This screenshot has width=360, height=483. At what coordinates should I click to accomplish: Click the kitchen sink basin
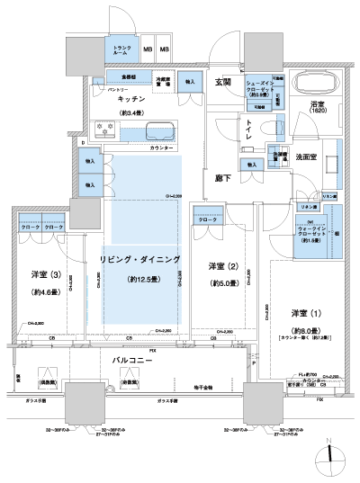click(x=162, y=129)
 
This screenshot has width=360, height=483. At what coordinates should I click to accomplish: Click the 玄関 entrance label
click(x=223, y=83)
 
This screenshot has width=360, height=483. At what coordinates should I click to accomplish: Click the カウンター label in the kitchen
click(x=161, y=146)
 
